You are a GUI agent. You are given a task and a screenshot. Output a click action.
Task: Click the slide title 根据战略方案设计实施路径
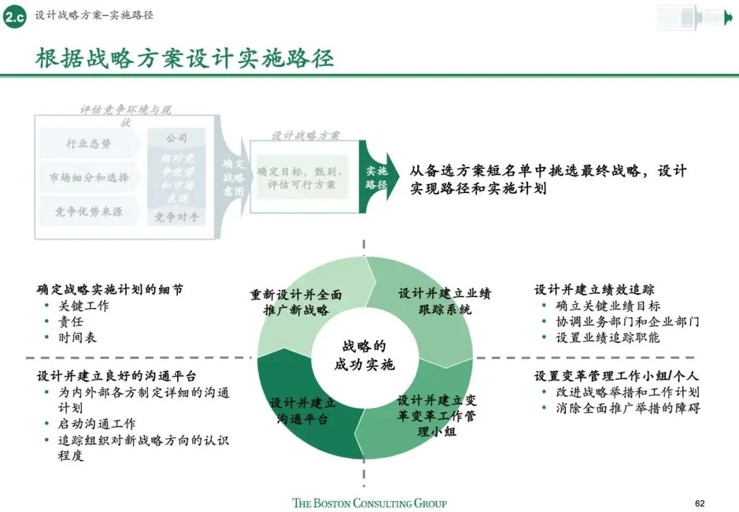coord(185,59)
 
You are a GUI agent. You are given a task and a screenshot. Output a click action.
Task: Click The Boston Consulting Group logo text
coord(369,503)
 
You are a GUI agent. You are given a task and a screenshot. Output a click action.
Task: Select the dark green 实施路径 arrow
coord(377,178)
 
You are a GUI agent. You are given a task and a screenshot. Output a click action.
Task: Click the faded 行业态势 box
coord(89,144)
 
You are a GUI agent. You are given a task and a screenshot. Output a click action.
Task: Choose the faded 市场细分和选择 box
coord(89,178)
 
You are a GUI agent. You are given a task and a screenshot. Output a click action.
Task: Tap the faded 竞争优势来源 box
coord(89,212)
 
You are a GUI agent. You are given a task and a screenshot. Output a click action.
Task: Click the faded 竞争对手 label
coord(176,218)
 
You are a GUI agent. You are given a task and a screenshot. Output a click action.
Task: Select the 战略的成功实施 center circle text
coord(364,355)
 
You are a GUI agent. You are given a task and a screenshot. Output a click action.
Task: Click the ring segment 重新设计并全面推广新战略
coord(296,302)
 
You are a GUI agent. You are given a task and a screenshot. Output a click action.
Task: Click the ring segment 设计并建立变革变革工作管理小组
coord(437,416)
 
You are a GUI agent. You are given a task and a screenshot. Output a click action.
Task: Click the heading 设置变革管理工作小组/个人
coord(617,376)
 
